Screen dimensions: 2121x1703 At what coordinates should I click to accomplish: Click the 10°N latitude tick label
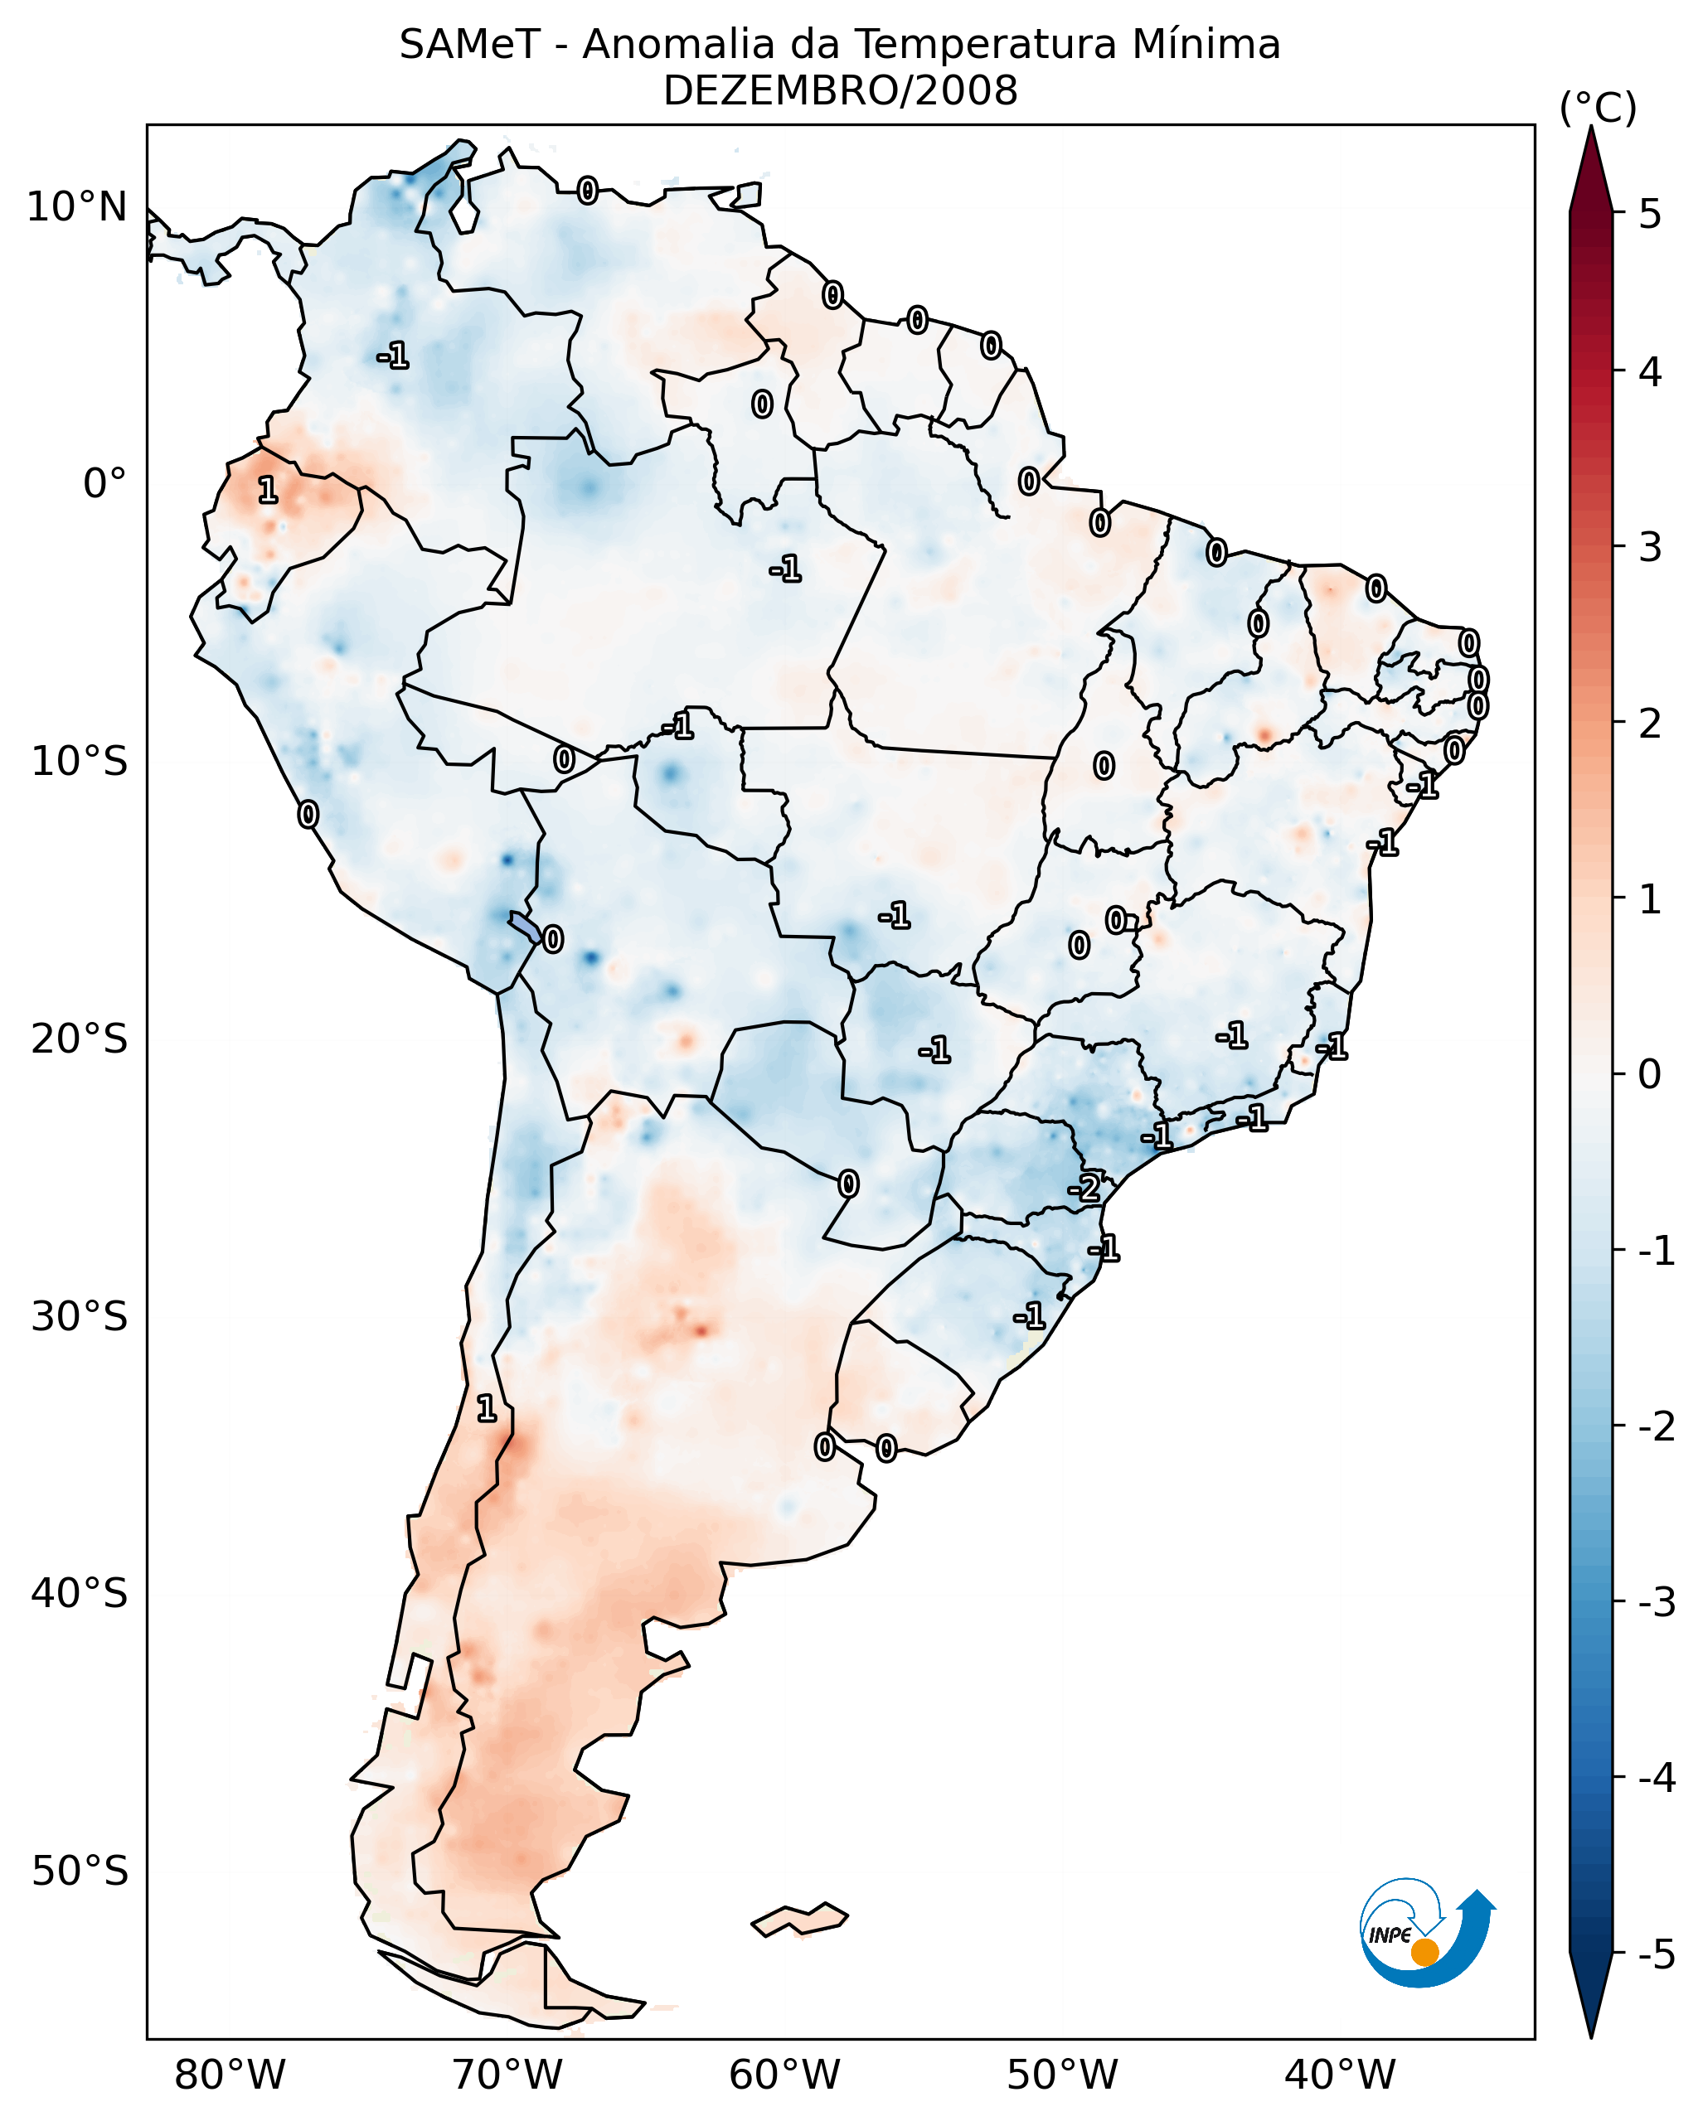click(x=77, y=207)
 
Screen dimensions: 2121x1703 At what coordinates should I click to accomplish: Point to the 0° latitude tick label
click(x=104, y=484)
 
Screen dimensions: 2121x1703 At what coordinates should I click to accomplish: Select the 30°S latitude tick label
click(x=79, y=1316)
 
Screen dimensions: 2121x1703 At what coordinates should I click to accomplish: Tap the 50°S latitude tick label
click(x=79, y=1872)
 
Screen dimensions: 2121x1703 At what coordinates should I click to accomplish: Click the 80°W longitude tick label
click(x=229, y=2075)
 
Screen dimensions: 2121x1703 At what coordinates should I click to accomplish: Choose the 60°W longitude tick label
click(x=784, y=2075)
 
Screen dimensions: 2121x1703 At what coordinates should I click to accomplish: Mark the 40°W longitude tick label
click(x=1339, y=2075)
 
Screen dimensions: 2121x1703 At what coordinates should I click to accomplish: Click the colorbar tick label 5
click(x=1650, y=214)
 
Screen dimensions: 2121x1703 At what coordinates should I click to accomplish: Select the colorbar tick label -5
click(x=1656, y=1954)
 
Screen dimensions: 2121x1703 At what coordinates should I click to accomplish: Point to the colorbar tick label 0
click(x=1650, y=1073)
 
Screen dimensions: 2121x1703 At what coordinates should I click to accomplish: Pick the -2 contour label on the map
click(x=1084, y=1189)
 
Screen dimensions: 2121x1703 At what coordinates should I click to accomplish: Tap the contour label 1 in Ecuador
click(x=268, y=489)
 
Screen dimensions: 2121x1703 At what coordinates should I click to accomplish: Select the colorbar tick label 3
click(x=1650, y=547)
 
